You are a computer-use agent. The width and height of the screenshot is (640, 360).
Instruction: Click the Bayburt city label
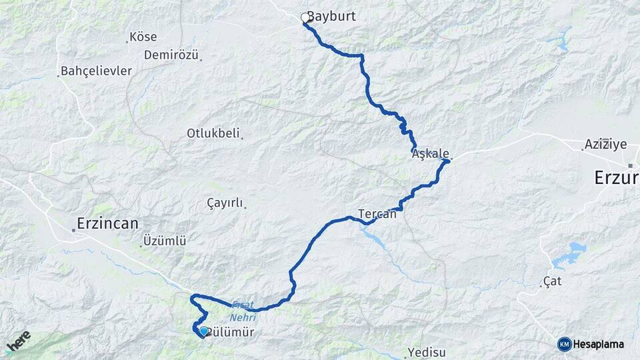click(x=331, y=17)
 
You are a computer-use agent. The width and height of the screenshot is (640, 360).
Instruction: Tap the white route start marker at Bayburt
click(x=305, y=18)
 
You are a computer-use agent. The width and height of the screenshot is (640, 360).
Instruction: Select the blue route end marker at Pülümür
click(x=203, y=331)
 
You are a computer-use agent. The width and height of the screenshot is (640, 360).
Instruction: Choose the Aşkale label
click(x=430, y=153)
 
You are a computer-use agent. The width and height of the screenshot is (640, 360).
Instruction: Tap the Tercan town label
click(x=377, y=214)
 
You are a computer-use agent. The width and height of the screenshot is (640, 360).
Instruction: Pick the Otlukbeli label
click(x=213, y=133)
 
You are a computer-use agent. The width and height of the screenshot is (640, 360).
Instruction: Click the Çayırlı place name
click(x=225, y=203)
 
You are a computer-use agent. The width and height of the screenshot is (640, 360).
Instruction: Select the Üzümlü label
click(x=165, y=241)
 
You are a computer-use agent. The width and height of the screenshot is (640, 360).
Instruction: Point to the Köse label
click(x=143, y=37)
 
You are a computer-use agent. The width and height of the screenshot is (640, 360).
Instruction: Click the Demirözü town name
click(x=171, y=55)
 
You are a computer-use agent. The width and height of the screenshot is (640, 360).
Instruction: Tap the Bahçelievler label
click(x=96, y=71)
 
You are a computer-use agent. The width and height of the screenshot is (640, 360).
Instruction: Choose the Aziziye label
click(x=605, y=144)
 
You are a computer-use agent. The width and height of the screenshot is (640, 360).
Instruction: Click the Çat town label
click(x=552, y=281)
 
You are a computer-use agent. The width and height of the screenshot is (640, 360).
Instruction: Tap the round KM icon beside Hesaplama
click(x=565, y=344)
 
